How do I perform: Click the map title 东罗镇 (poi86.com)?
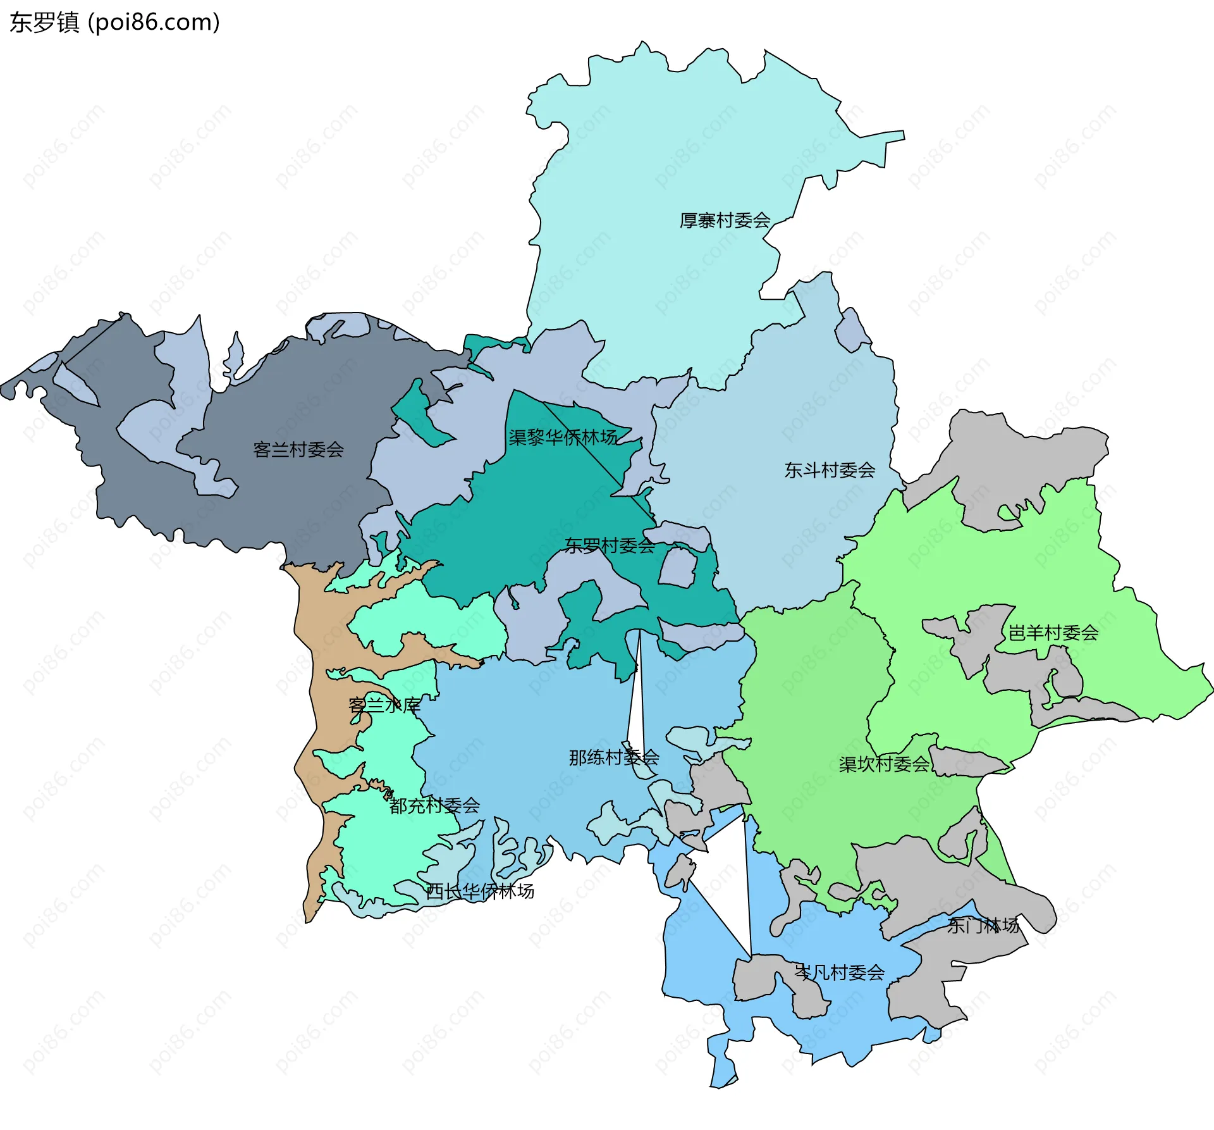[114, 23]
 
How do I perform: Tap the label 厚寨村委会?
[725, 221]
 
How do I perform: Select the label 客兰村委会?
[298, 450]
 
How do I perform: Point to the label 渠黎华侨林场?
[563, 437]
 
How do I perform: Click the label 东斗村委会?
[830, 470]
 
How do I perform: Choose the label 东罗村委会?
[610, 545]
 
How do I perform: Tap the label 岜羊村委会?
[1053, 633]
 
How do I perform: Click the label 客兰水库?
[384, 705]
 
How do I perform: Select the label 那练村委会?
[613, 757]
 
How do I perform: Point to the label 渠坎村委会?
[884, 764]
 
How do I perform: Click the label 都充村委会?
[434, 805]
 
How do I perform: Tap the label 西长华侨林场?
[480, 891]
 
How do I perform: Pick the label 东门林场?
[983, 926]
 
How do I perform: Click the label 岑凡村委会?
[839, 972]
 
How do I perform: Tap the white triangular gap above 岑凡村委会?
[727, 886]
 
